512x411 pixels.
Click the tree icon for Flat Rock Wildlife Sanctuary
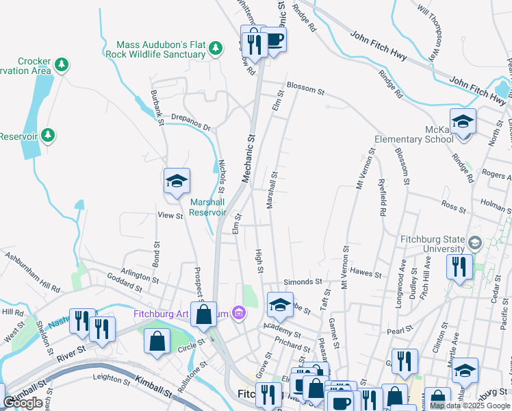pos(216,48)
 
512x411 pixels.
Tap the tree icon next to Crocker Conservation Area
pos(62,65)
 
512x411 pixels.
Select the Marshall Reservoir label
pos(207,207)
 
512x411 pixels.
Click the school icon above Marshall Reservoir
pos(177,182)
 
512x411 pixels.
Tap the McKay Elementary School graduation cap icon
pos(463,123)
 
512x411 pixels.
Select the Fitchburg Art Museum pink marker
pos(238,314)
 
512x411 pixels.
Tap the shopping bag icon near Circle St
pos(157,342)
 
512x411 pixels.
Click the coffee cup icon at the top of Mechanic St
pos(274,40)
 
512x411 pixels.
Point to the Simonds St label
pos(303,282)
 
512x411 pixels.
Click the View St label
pos(170,216)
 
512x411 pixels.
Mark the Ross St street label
pos(453,205)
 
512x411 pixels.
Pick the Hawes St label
pos(365,272)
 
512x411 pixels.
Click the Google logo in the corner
pos(23,403)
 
